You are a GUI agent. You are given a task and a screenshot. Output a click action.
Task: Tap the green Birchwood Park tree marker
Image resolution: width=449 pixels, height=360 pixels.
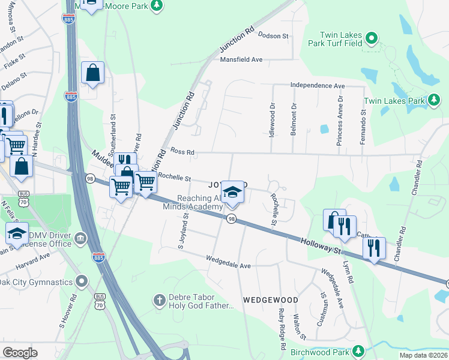click(x=358, y=350)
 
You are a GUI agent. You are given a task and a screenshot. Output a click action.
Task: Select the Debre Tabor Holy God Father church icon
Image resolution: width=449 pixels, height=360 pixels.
click(x=159, y=299)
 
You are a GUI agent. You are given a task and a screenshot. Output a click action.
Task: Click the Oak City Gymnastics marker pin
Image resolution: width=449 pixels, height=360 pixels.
click(x=82, y=281)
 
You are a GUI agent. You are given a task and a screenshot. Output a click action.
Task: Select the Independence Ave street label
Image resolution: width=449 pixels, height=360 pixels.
click(x=318, y=86)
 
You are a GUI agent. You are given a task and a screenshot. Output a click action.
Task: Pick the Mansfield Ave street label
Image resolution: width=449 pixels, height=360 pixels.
click(x=241, y=59)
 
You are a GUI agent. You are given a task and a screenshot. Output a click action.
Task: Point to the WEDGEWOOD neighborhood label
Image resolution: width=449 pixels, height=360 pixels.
click(x=271, y=299)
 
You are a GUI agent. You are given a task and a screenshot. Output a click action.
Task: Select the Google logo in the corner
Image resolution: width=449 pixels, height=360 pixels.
click(x=20, y=353)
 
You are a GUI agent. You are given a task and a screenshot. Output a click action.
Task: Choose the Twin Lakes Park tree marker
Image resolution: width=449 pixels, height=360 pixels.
click(x=434, y=100)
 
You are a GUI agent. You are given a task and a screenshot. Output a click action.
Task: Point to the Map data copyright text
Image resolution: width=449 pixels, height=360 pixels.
click(x=423, y=354)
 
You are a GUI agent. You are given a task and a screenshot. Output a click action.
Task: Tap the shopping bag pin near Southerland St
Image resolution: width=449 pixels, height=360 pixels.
click(x=92, y=74)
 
